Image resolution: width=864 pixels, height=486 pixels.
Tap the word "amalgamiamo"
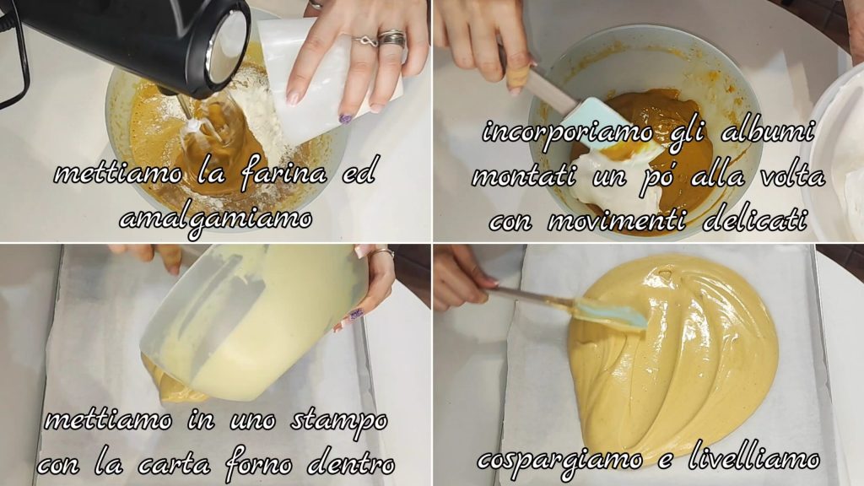[215, 219]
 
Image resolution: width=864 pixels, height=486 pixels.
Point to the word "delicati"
[755, 220]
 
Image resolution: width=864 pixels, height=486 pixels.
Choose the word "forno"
[258, 466]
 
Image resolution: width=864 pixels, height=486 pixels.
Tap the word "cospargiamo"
[560, 460]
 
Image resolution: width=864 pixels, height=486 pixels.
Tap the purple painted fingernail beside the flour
[346, 118]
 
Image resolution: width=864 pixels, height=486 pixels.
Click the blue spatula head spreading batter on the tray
[611, 313]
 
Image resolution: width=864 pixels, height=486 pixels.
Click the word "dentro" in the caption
[351, 465]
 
